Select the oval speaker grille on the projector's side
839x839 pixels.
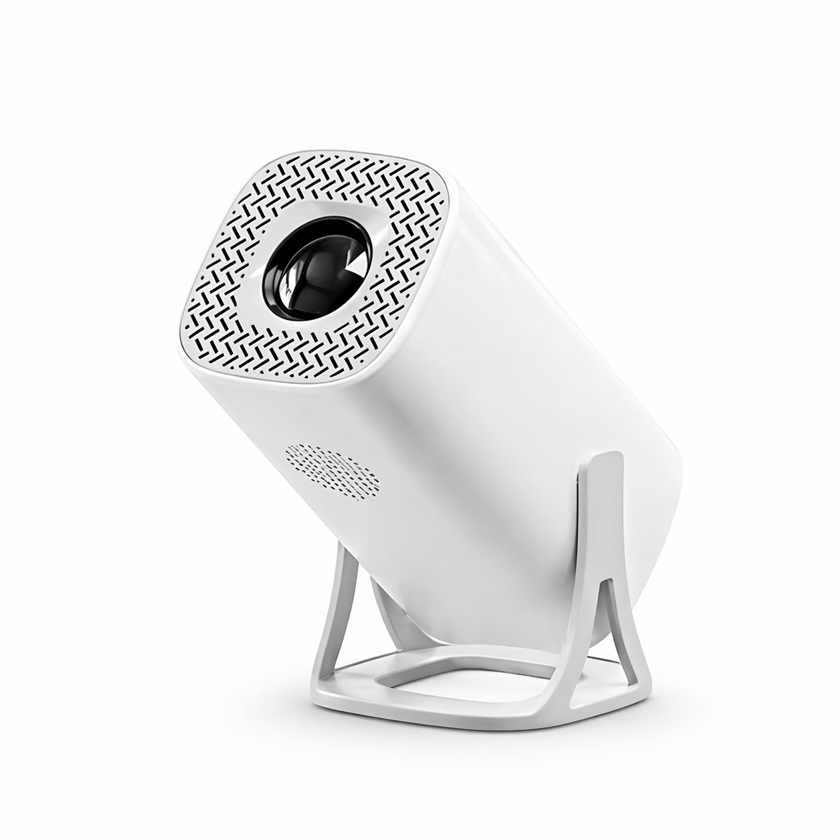pyautogui.click(x=333, y=470)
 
